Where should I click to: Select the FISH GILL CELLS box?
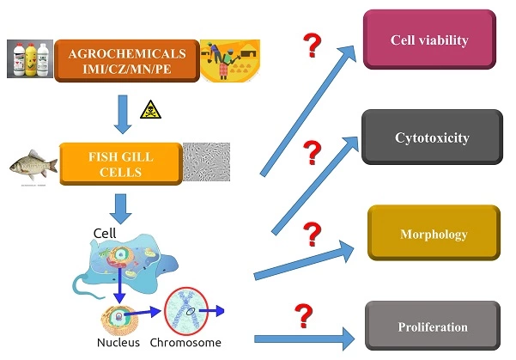(120, 163)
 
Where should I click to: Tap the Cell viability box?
(429, 40)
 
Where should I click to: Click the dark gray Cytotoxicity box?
(431, 137)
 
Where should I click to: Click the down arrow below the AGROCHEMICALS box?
(124, 113)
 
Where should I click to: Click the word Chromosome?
(185, 342)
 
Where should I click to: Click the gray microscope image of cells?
(206, 162)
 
